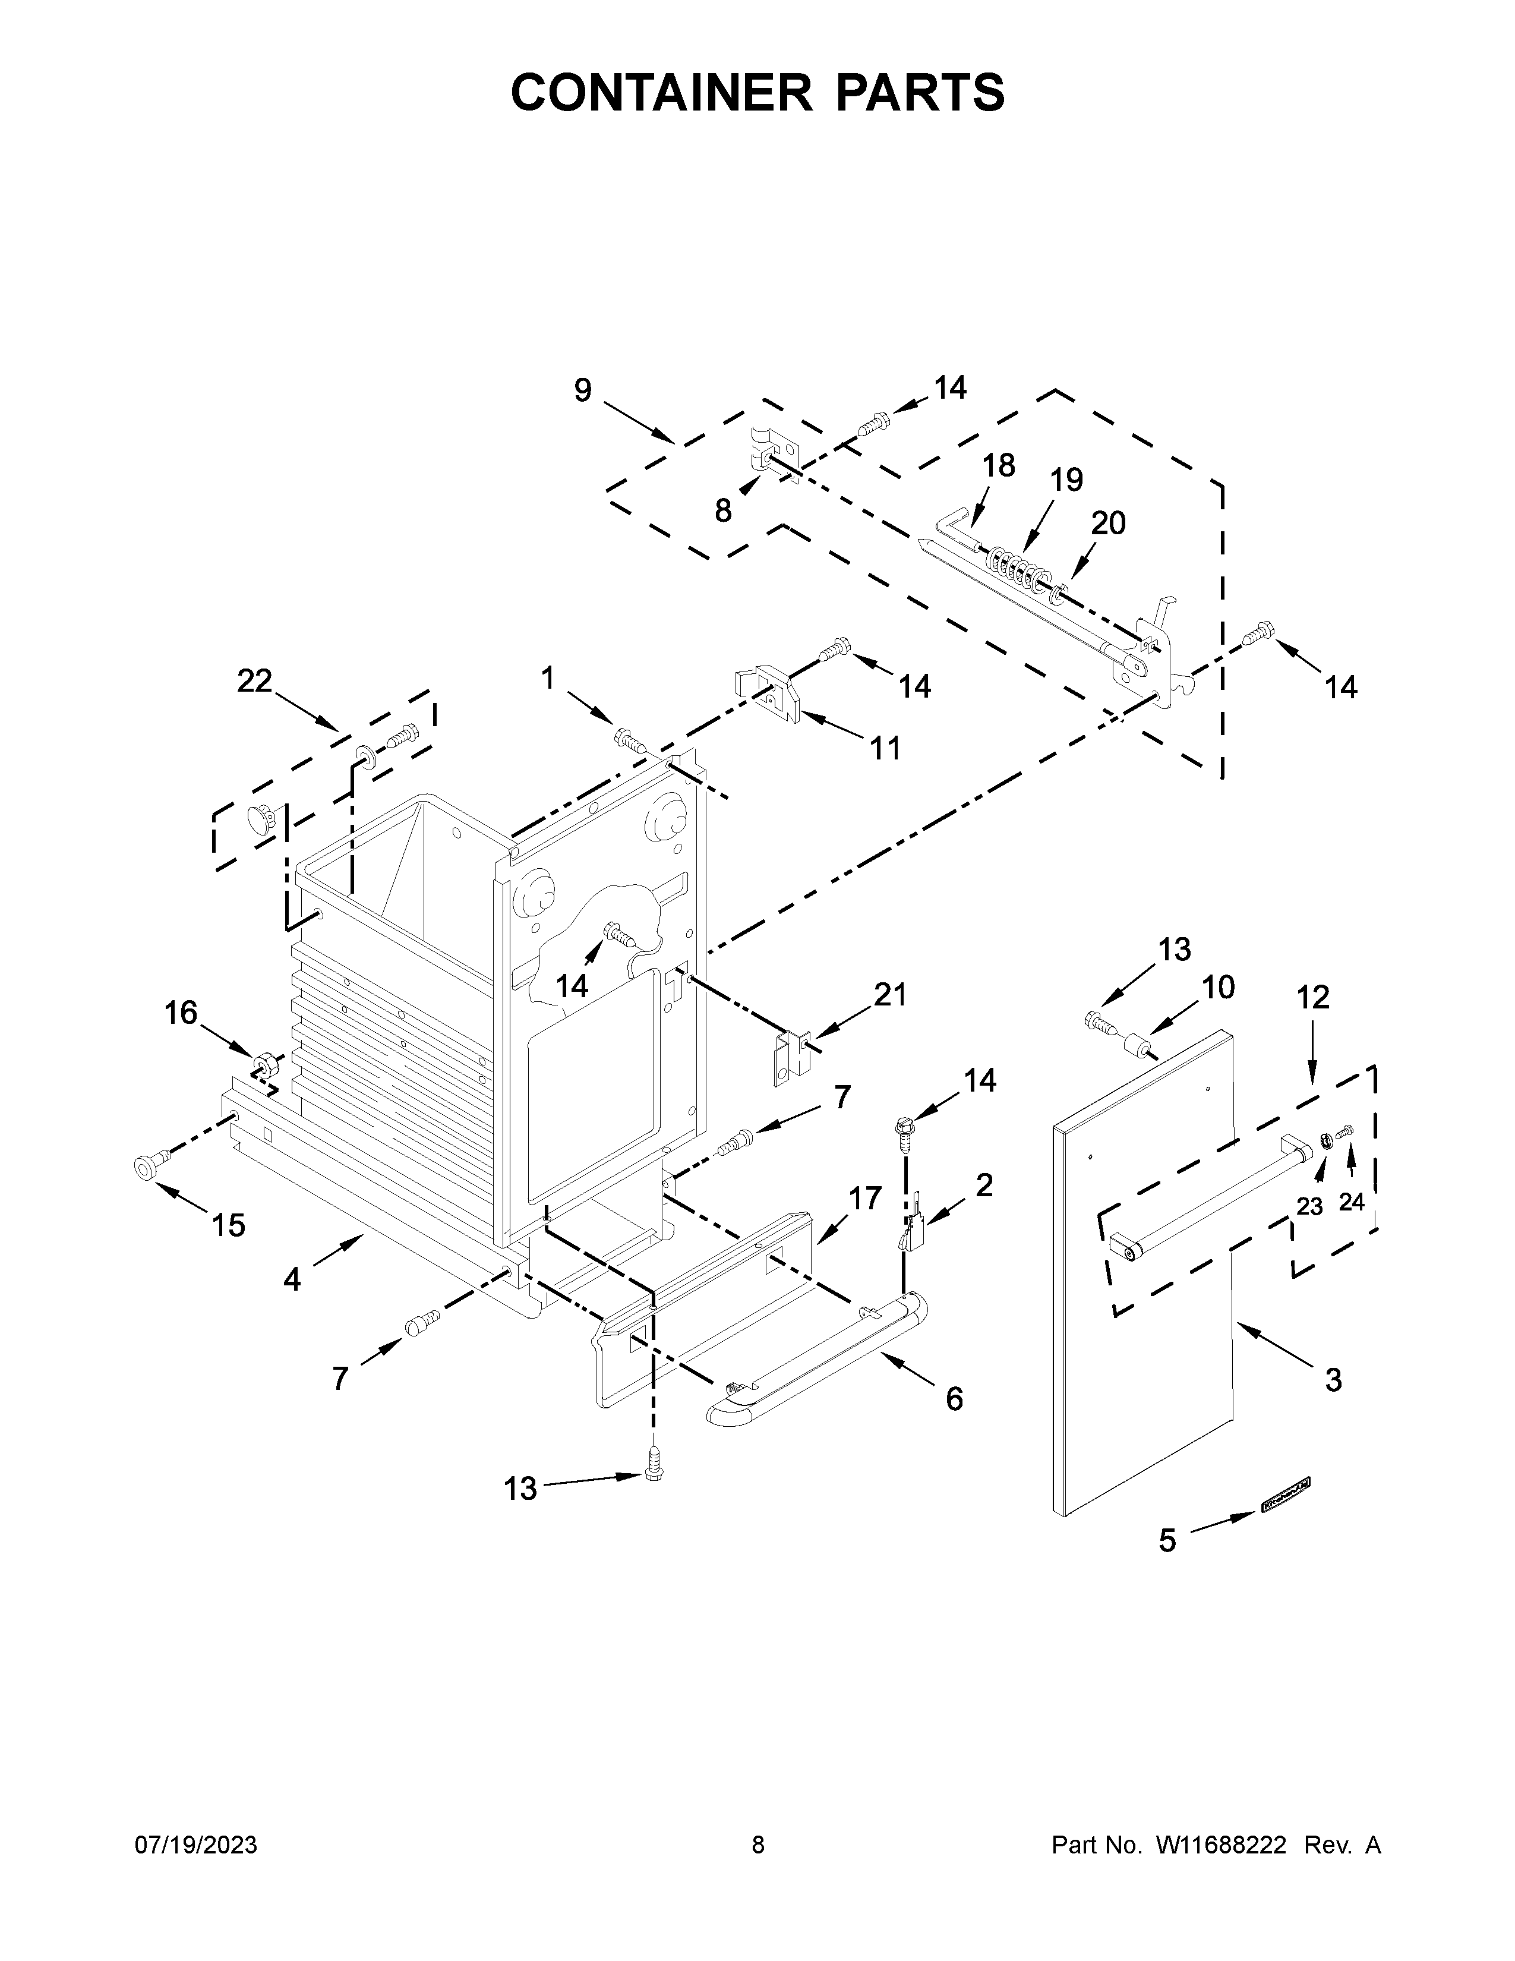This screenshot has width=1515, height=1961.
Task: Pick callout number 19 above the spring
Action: click(x=1066, y=480)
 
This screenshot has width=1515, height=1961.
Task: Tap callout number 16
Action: click(x=181, y=1013)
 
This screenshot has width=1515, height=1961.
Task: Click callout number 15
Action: click(x=229, y=1225)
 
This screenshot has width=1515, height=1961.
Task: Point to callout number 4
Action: click(x=292, y=1279)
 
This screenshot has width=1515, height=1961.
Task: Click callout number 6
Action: click(x=954, y=1398)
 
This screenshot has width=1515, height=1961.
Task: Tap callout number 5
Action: click(x=1167, y=1541)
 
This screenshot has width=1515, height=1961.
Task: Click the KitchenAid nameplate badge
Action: click(x=1285, y=1494)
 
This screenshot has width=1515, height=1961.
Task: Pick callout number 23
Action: click(x=1309, y=1207)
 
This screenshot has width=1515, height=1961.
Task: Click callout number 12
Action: click(x=1313, y=997)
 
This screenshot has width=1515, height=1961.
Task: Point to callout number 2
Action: click(x=984, y=1186)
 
